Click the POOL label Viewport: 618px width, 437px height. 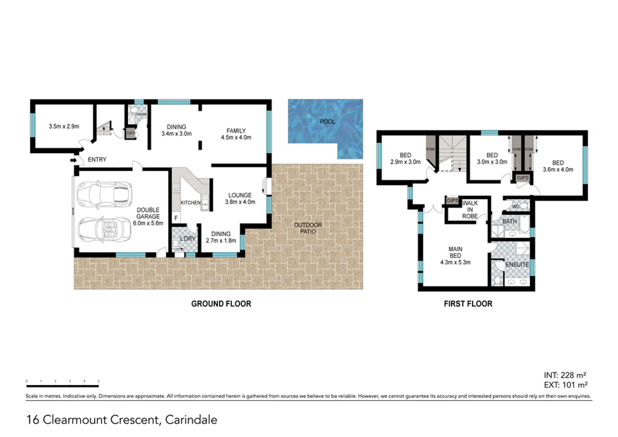click(x=327, y=121)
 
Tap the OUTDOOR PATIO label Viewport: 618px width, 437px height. click(x=308, y=228)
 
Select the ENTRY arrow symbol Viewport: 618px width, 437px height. click(x=73, y=160)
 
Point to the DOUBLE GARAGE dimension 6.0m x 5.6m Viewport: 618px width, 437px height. click(x=148, y=223)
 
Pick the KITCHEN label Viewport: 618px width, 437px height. click(x=190, y=202)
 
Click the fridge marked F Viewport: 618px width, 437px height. click(x=176, y=218)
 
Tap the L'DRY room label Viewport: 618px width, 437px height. click(x=187, y=239)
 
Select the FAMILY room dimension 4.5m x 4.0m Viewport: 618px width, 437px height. click(x=236, y=138)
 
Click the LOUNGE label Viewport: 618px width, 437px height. click(x=240, y=195)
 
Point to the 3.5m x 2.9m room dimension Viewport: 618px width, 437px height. click(x=64, y=126)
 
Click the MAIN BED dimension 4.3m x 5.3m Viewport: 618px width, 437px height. click(x=455, y=262)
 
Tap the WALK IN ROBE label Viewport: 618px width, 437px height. click(x=470, y=210)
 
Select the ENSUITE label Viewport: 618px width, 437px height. click(x=517, y=264)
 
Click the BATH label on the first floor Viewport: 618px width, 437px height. click(x=509, y=221)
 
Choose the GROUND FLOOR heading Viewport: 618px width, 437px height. click(x=221, y=304)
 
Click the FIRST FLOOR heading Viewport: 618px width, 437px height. click(x=468, y=304)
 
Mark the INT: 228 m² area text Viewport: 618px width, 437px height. click(x=565, y=375)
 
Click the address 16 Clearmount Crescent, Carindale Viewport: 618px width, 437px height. click(x=121, y=420)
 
